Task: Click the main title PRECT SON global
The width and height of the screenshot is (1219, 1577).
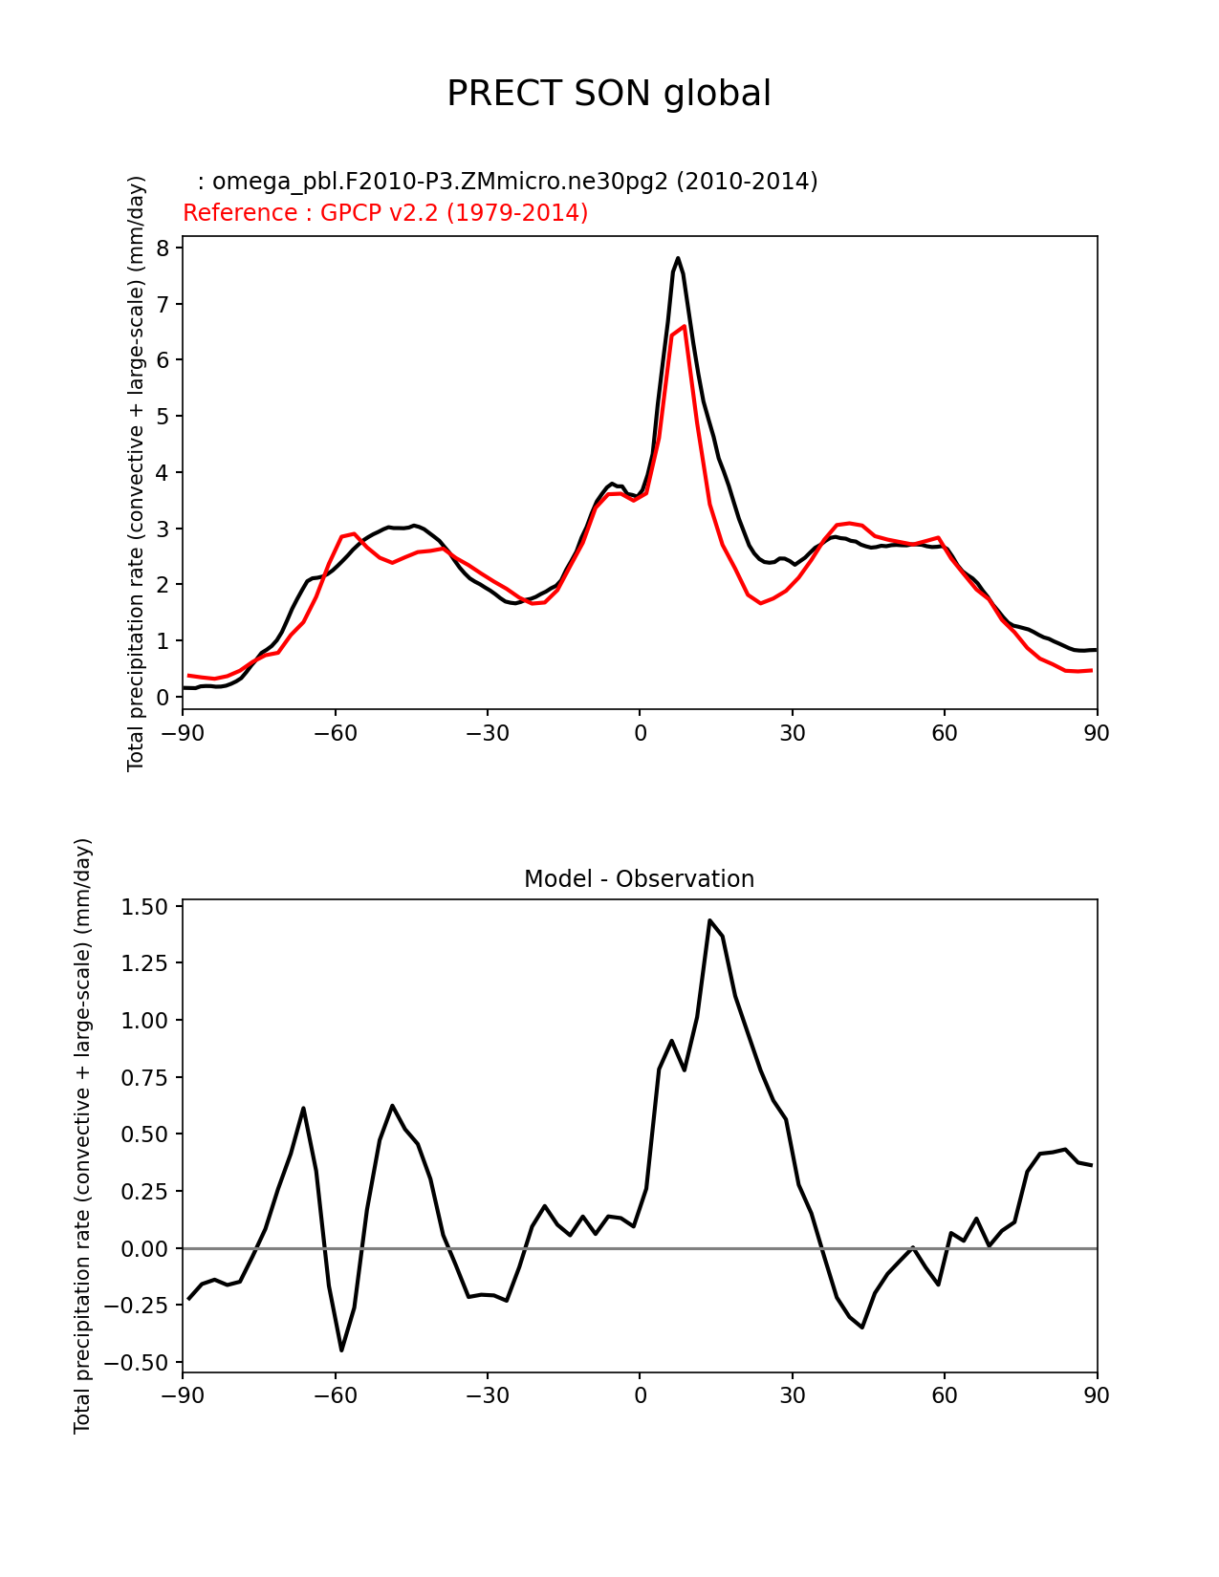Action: point(609,94)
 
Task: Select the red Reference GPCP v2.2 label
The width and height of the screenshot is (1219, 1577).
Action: point(385,213)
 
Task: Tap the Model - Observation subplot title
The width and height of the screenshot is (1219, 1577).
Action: point(639,879)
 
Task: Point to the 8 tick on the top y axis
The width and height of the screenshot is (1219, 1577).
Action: point(163,248)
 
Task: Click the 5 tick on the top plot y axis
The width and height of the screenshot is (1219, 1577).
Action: point(163,417)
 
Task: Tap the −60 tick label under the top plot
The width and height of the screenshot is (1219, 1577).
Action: point(335,733)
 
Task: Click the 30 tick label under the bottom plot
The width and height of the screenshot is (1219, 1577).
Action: point(792,1396)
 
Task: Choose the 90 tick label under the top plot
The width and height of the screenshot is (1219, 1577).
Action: point(1097,733)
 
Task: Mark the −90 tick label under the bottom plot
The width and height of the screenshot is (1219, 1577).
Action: point(183,1396)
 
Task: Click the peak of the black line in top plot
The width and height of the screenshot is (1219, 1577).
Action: point(678,258)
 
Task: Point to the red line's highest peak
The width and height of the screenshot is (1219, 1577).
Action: point(684,326)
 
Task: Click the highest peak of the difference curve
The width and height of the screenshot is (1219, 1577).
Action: point(709,920)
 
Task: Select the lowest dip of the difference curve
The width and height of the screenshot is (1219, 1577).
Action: point(341,1350)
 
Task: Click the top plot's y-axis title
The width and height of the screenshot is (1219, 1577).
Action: point(137,473)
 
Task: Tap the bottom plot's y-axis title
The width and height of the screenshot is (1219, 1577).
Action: point(83,1135)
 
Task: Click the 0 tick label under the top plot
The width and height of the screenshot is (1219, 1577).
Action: point(640,733)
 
